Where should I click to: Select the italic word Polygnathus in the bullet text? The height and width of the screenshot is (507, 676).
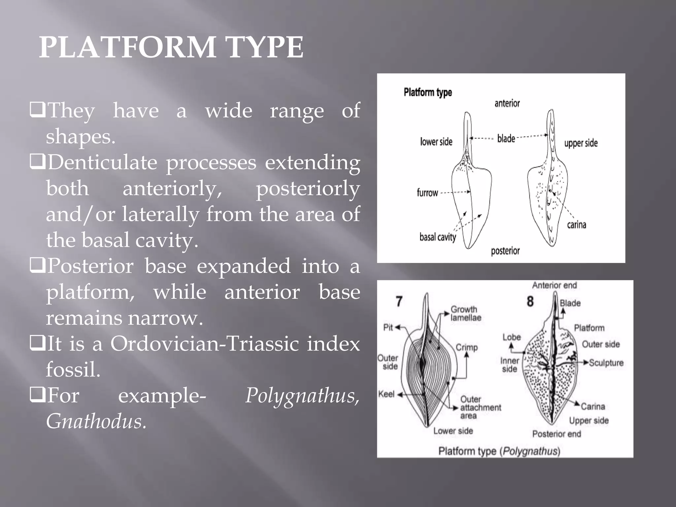pos(302,395)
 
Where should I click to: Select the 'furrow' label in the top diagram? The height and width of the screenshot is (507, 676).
pos(427,193)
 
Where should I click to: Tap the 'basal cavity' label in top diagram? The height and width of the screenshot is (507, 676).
pos(437,237)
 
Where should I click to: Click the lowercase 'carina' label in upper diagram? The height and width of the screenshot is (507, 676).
pos(576,225)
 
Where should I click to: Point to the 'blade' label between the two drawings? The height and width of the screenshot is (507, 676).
pos(506,138)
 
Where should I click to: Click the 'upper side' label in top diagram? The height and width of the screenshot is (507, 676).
pos(581,143)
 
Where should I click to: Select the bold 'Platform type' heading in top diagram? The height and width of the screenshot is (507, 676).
pos(427,92)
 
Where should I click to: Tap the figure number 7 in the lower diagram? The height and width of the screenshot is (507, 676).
pos(399,301)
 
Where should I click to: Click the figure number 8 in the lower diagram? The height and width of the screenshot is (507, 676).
pos(530,301)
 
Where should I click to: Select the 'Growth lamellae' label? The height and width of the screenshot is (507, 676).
pos(465,314)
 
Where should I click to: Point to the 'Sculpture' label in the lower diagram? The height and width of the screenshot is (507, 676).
pos(606,363)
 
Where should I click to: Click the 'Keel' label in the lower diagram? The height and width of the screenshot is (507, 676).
pos(386,394)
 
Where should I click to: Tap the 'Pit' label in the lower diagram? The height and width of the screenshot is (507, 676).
pos(388,327)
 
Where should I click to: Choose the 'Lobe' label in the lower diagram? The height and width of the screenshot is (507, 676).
pos(511,337)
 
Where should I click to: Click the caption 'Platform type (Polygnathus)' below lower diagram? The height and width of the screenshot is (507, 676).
pos(499,451)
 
